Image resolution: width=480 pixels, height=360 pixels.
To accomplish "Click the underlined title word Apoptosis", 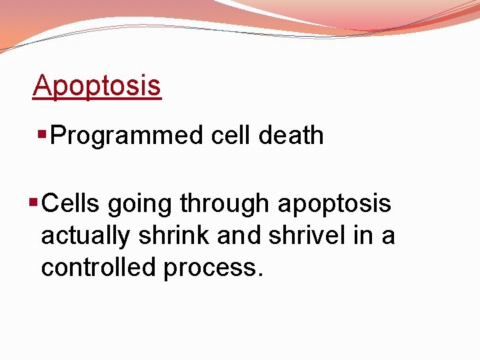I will [x=97, y=86].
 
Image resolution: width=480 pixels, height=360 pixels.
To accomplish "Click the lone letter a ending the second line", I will [x=388, y=237].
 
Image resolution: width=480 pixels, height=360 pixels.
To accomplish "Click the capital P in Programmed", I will [x=58, y=135].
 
